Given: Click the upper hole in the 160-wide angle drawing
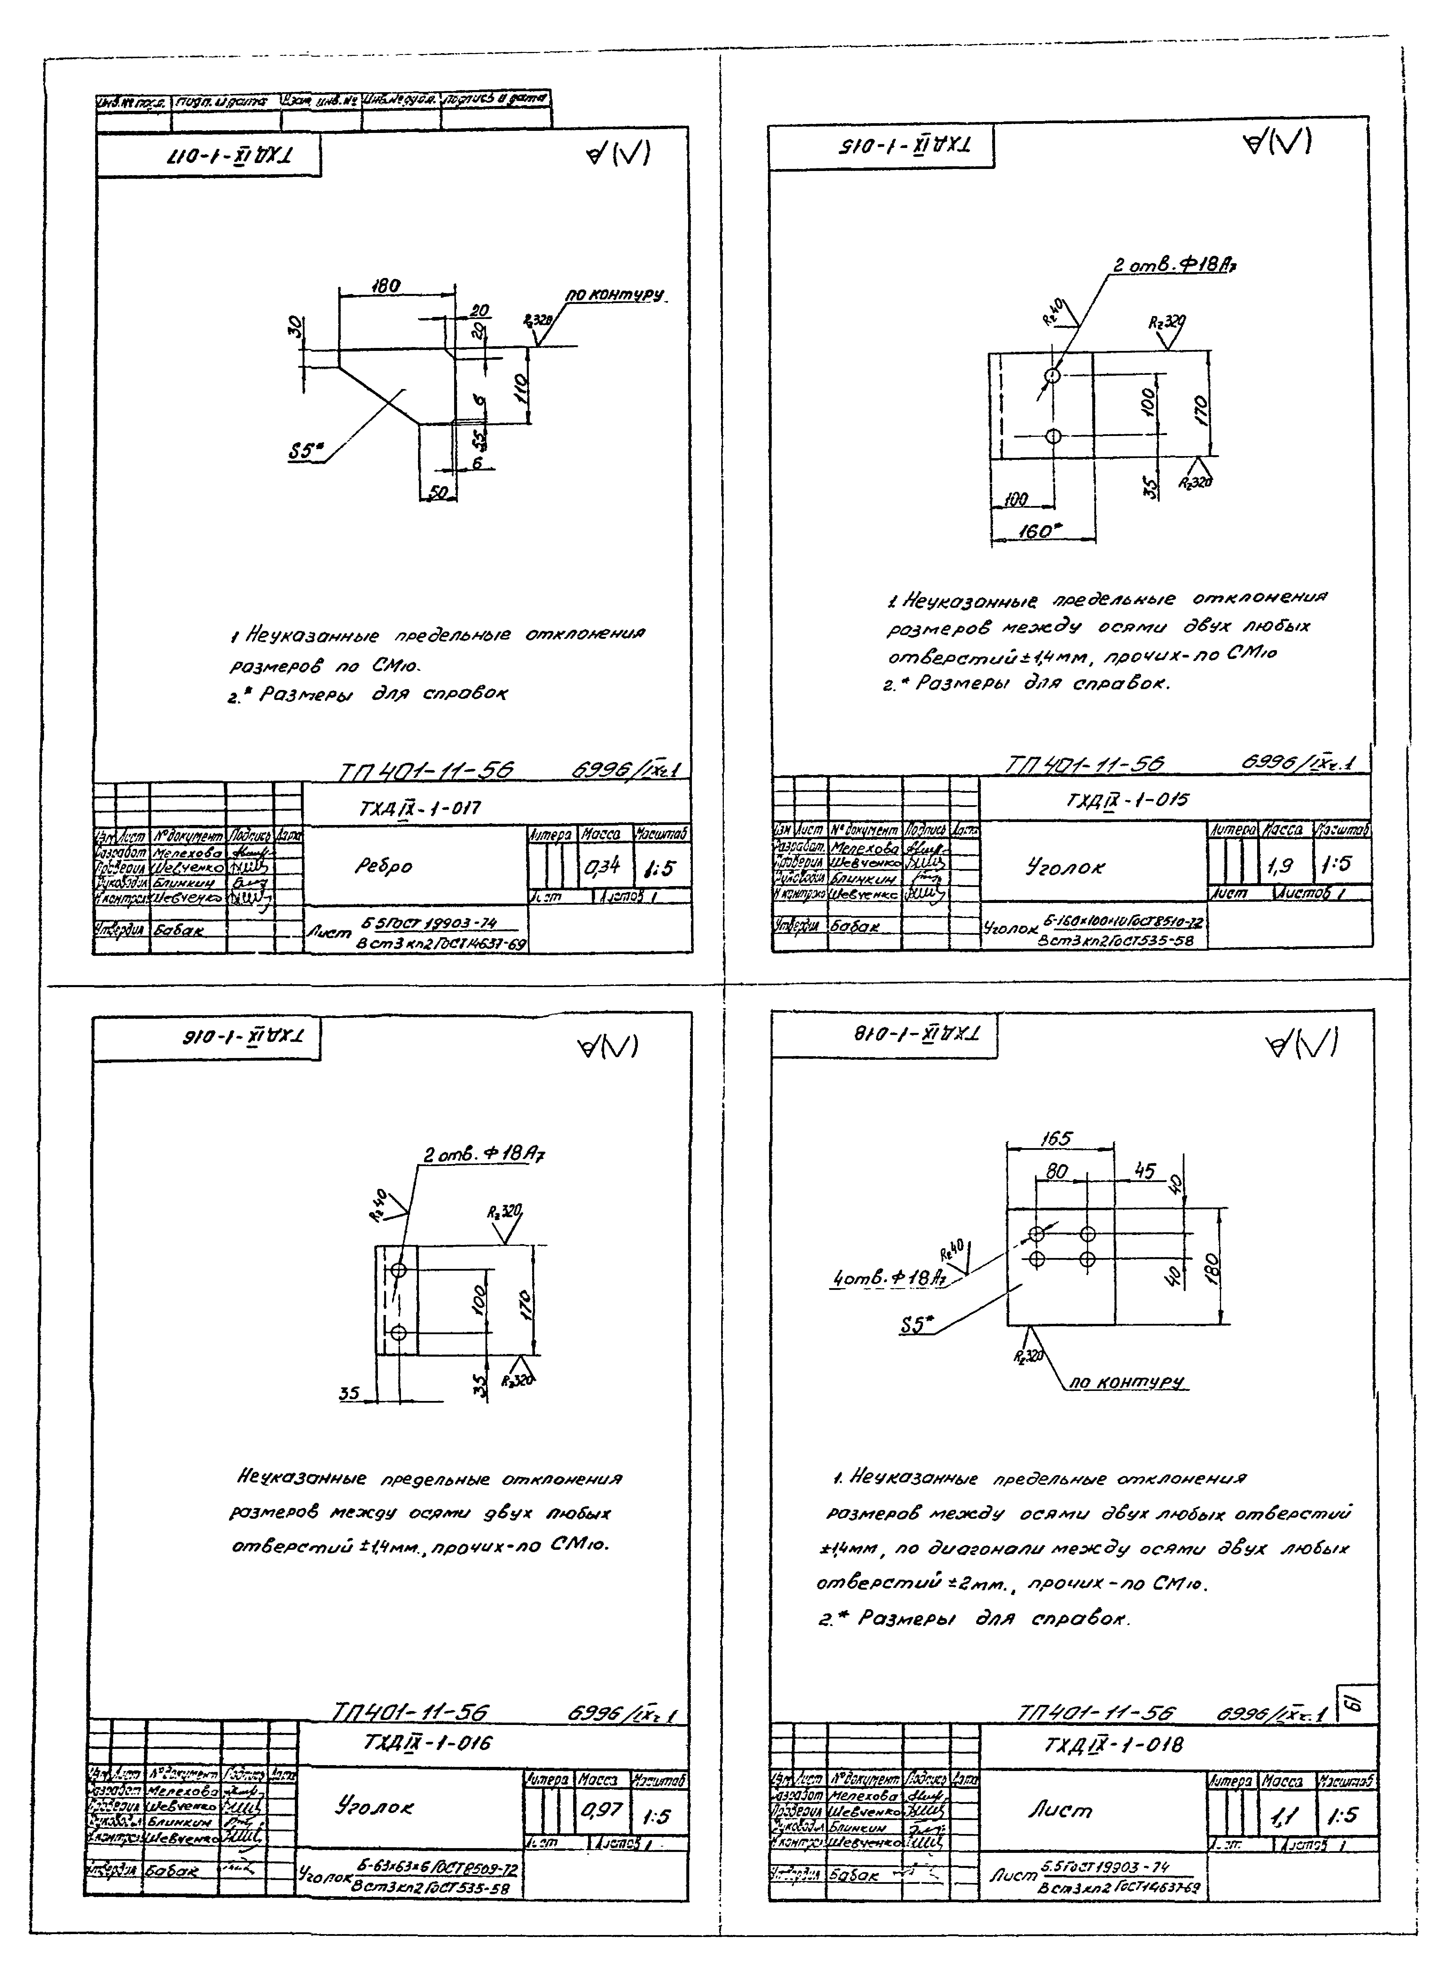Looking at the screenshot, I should click(x=1053, y=377).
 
